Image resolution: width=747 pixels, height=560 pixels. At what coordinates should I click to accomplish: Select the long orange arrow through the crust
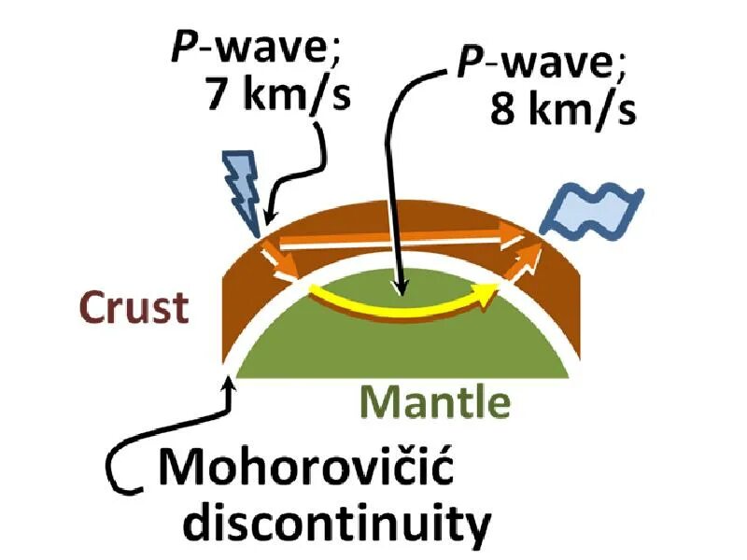pos(392,239)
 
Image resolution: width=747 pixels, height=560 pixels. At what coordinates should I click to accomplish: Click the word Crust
pos(134,307)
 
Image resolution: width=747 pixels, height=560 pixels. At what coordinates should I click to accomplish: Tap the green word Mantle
pos(436,402)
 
